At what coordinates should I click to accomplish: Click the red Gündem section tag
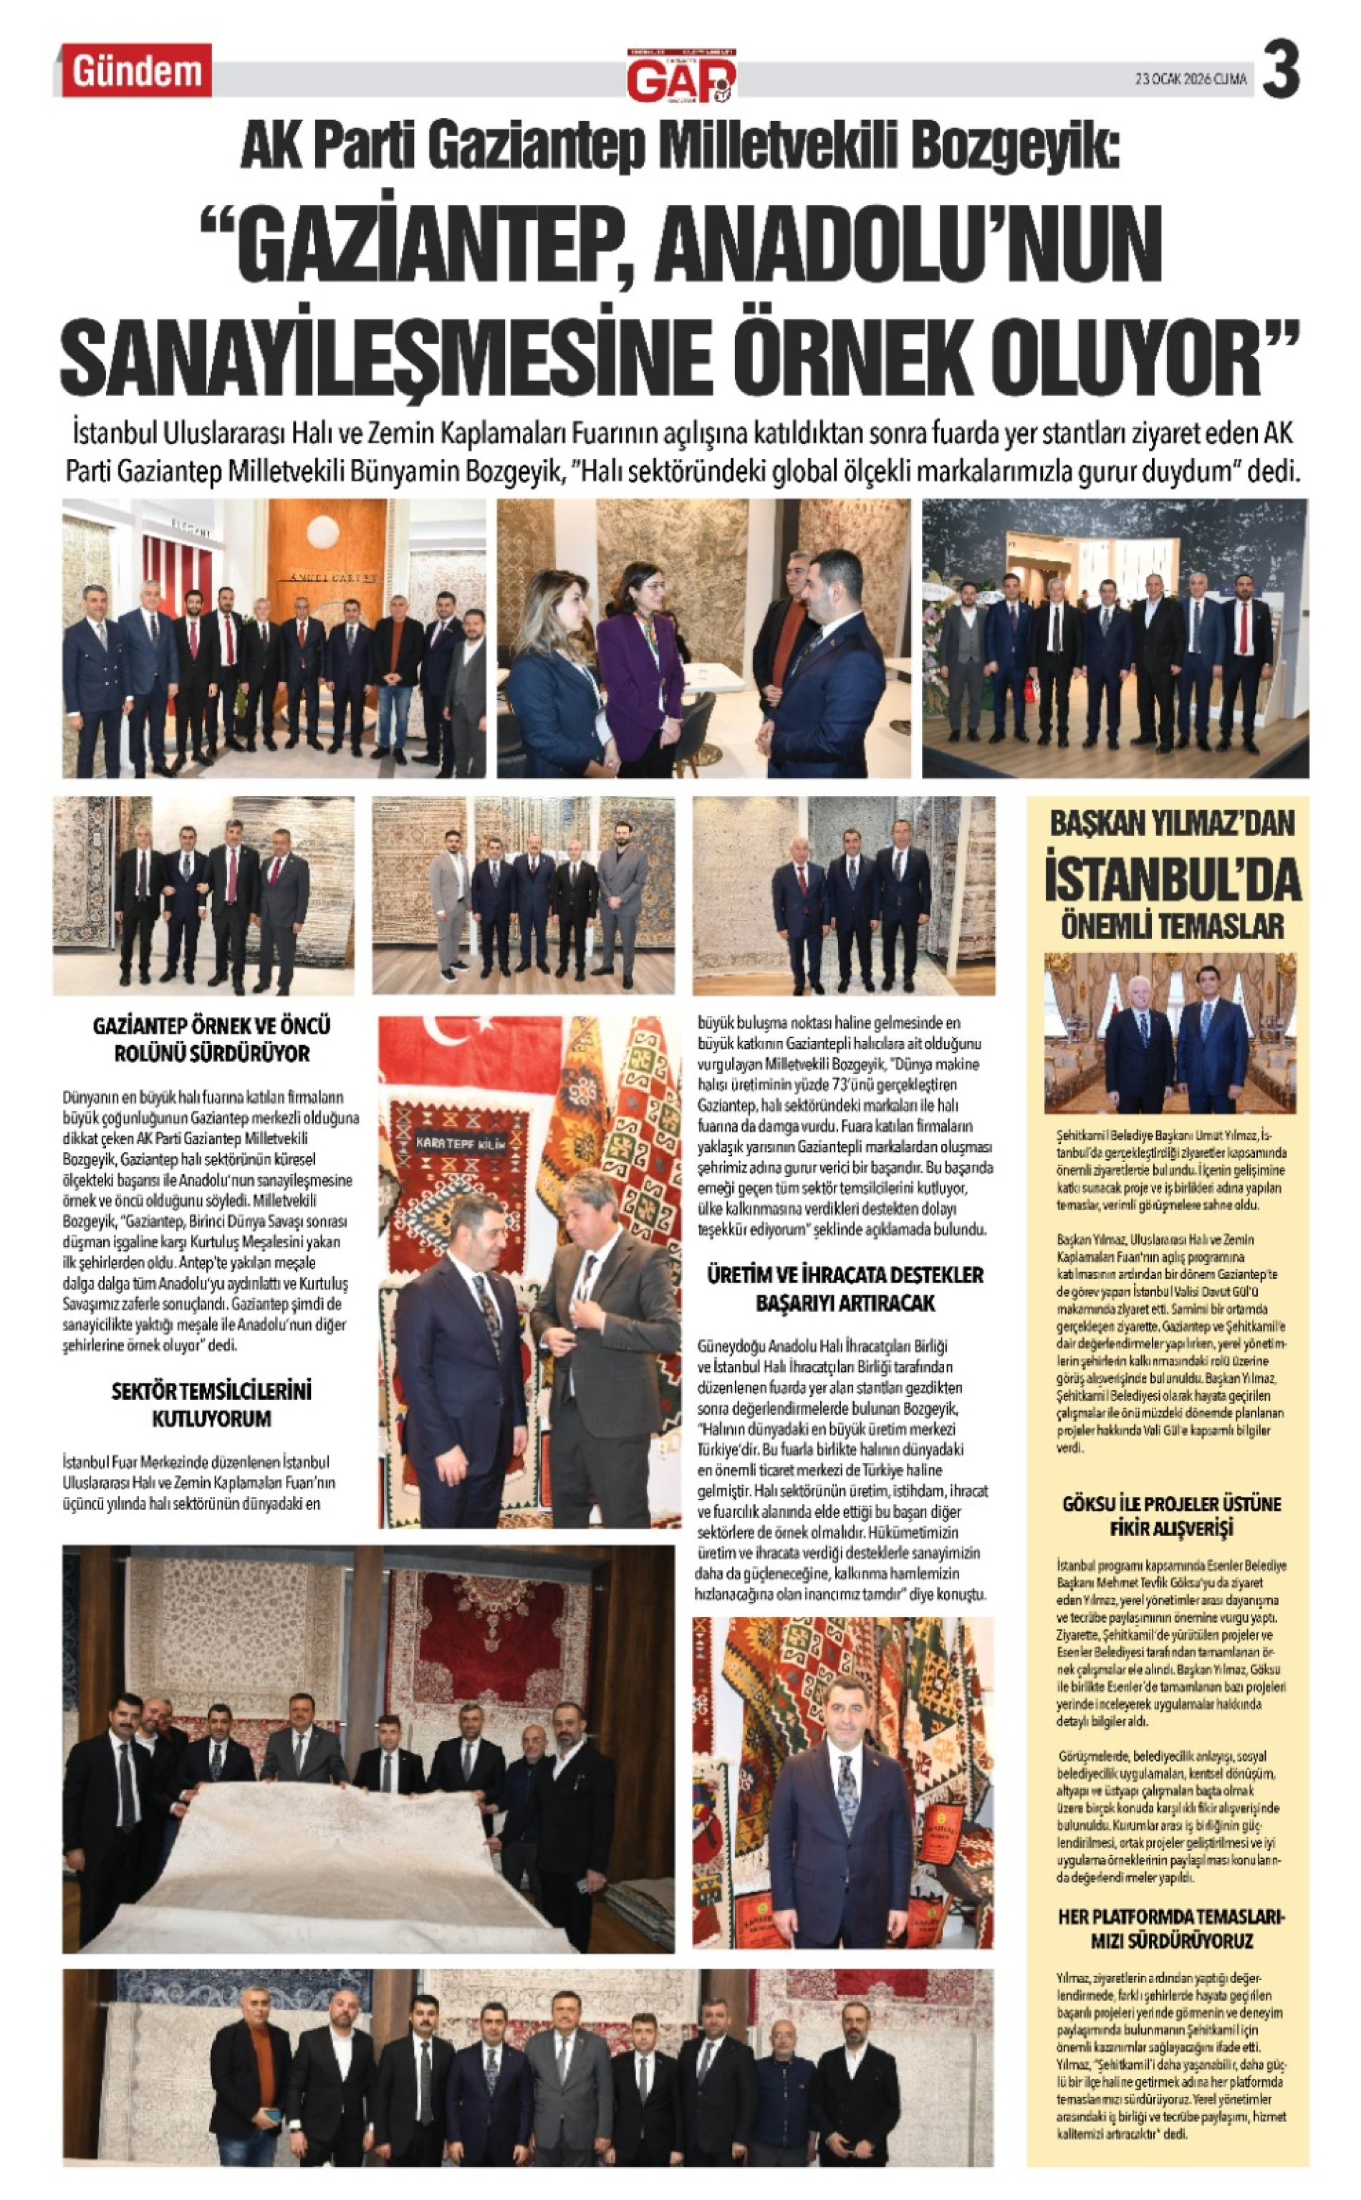click(x=136, y=71)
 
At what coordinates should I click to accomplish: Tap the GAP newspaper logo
click(x=681, y=77)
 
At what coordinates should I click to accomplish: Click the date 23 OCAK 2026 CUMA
click(x=1190, y=80)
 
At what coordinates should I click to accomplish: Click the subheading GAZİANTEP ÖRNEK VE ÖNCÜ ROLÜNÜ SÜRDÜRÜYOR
click(x=211, y=1039)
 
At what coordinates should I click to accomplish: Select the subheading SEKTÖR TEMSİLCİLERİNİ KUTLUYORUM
click(x=211, y=1404)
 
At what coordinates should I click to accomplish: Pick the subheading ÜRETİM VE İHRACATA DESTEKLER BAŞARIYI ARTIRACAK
click(x=845, y=1288)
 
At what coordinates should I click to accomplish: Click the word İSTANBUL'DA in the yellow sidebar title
click(x=1172, y=880)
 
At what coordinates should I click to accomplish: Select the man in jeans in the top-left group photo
click(x=396, y=684)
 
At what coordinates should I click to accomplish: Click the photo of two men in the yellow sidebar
click(x=1170, y=1034)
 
